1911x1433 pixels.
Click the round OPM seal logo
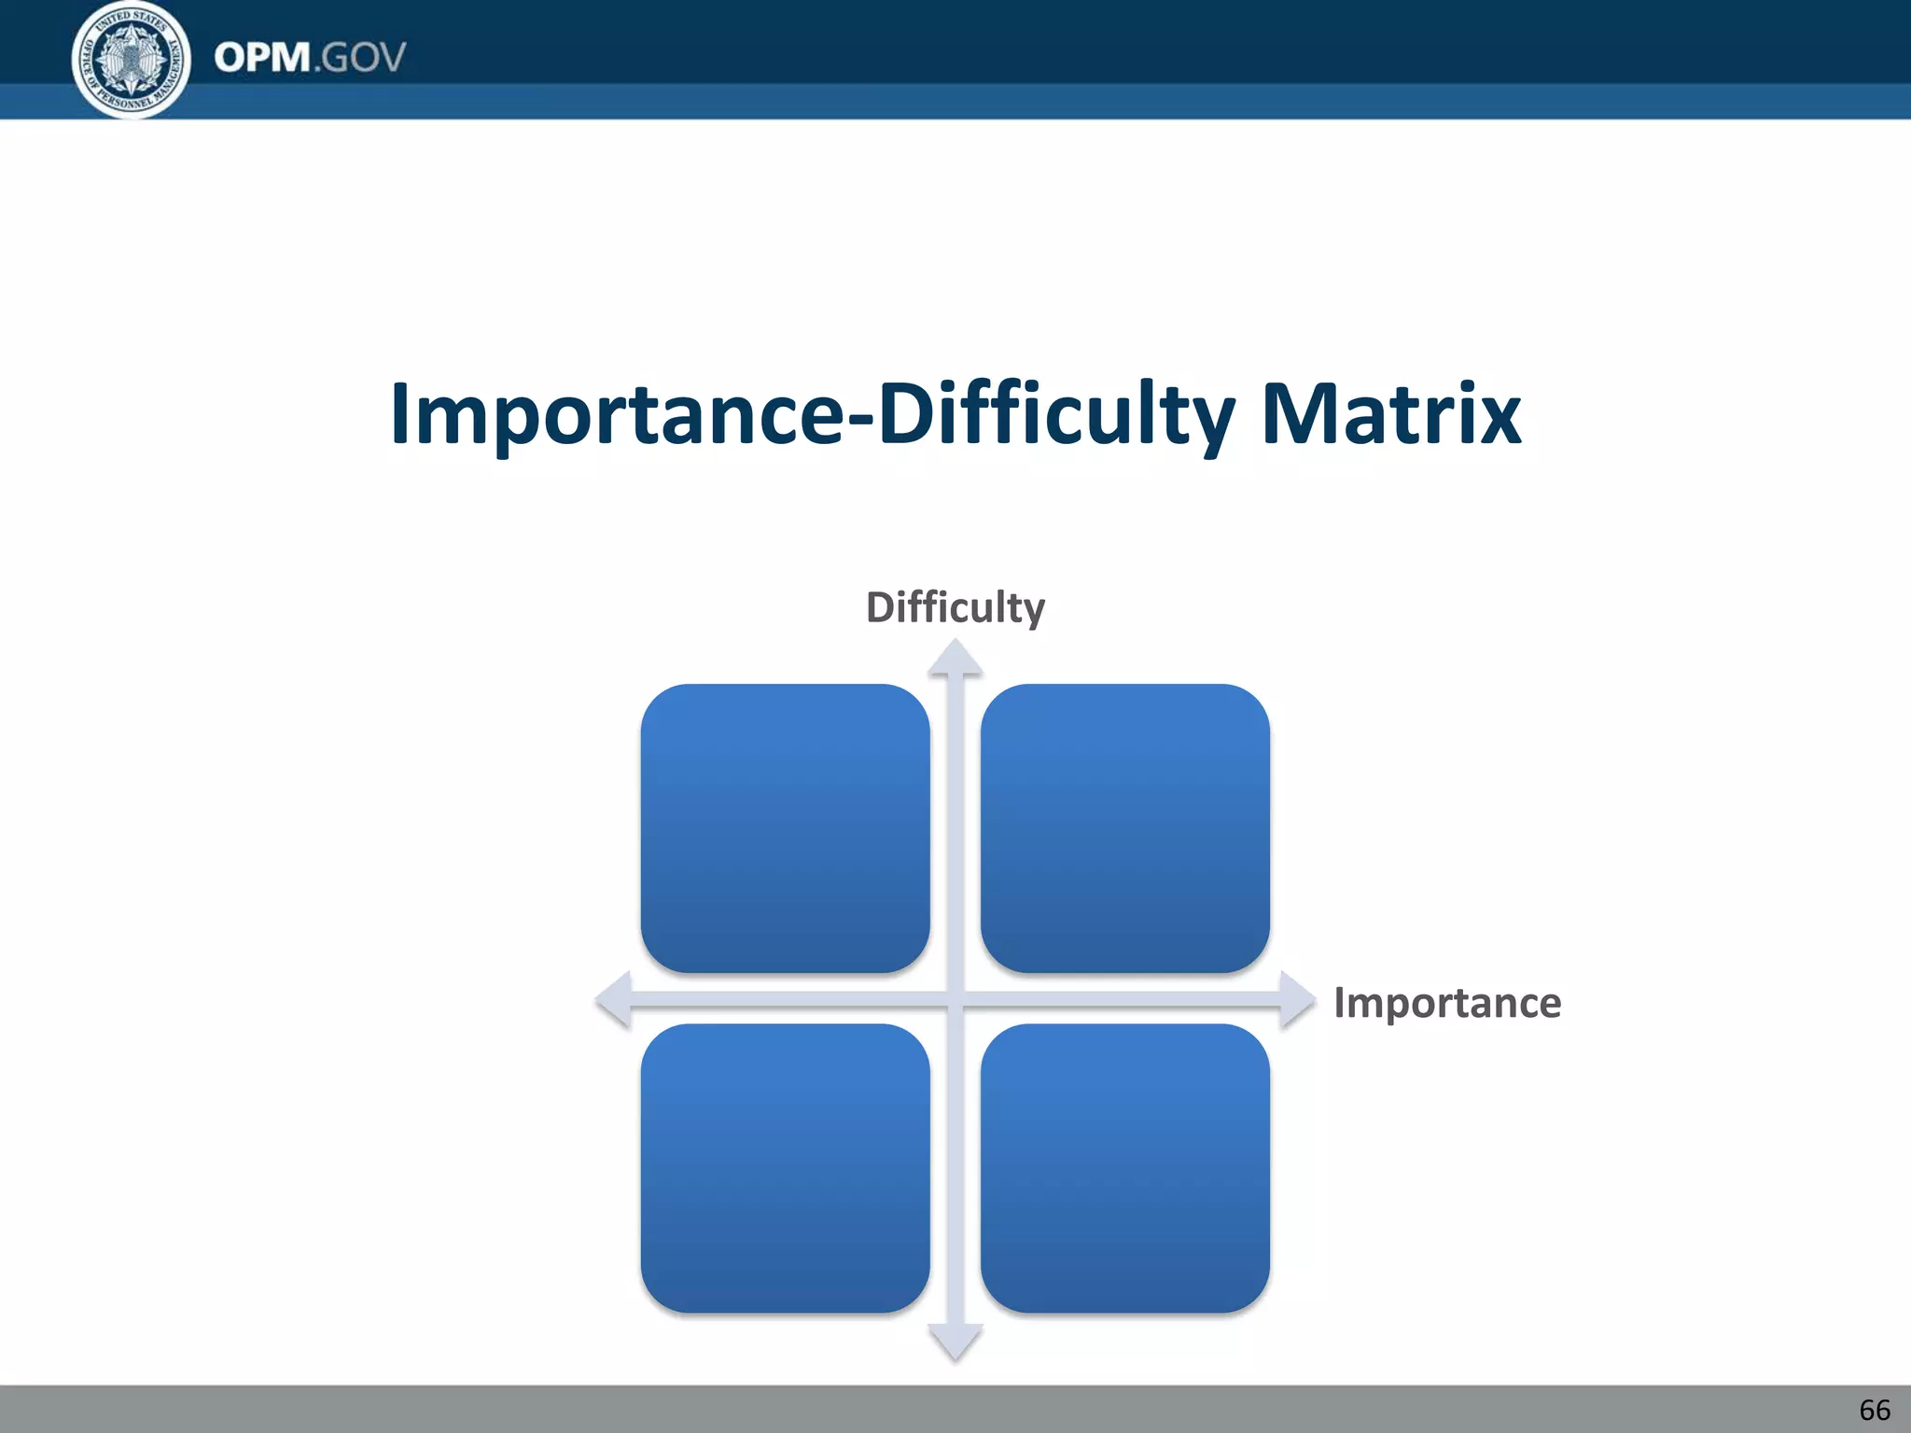tap(132, 60)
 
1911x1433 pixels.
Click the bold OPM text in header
tap(262, 58)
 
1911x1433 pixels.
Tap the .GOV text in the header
tap(360, 58)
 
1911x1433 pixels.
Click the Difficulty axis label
tap(955, 607)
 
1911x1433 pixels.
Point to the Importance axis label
tap(1447, 1003)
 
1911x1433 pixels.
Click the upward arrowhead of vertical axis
tap(955, 658)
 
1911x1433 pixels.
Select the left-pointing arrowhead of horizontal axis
tap(614, 1000)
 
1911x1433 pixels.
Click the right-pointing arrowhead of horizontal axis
tap(1297, 1000)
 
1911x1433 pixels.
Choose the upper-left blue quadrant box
tap(785, 828)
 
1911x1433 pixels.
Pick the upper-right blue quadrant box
tap(1124, 828)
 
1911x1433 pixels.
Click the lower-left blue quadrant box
tap(785, 1168)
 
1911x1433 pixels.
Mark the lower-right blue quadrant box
tap(1124, 1168)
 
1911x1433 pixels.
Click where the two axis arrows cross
tap(955, 1000)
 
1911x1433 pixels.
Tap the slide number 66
tap(1875, 1410)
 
